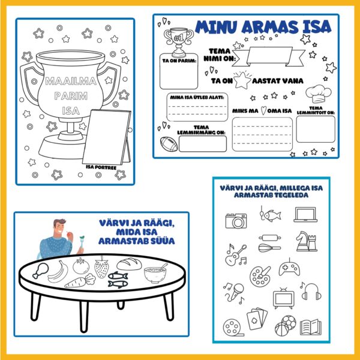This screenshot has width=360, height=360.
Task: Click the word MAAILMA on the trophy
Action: [71, 81]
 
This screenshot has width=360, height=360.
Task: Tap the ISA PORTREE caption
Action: [101, 167]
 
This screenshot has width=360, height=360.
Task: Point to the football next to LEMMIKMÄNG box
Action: [169, 144]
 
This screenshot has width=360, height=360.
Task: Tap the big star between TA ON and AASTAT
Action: [242, 80]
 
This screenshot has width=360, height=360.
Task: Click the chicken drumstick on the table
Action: [41, 271]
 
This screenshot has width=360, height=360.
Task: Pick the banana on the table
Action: [58, 272]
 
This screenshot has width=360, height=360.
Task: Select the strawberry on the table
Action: [101, 267]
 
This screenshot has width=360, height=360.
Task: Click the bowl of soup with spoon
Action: [155, 274]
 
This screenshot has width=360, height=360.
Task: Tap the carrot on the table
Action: [80, 281]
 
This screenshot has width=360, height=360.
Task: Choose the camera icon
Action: [236, 221]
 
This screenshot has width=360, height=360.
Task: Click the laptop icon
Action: [305, 215]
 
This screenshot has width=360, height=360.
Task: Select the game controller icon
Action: [289, 268]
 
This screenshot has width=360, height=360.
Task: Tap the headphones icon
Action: [311, 292]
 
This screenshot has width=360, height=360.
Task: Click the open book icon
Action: [310, 327]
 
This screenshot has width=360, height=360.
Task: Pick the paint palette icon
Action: [260, 276]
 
